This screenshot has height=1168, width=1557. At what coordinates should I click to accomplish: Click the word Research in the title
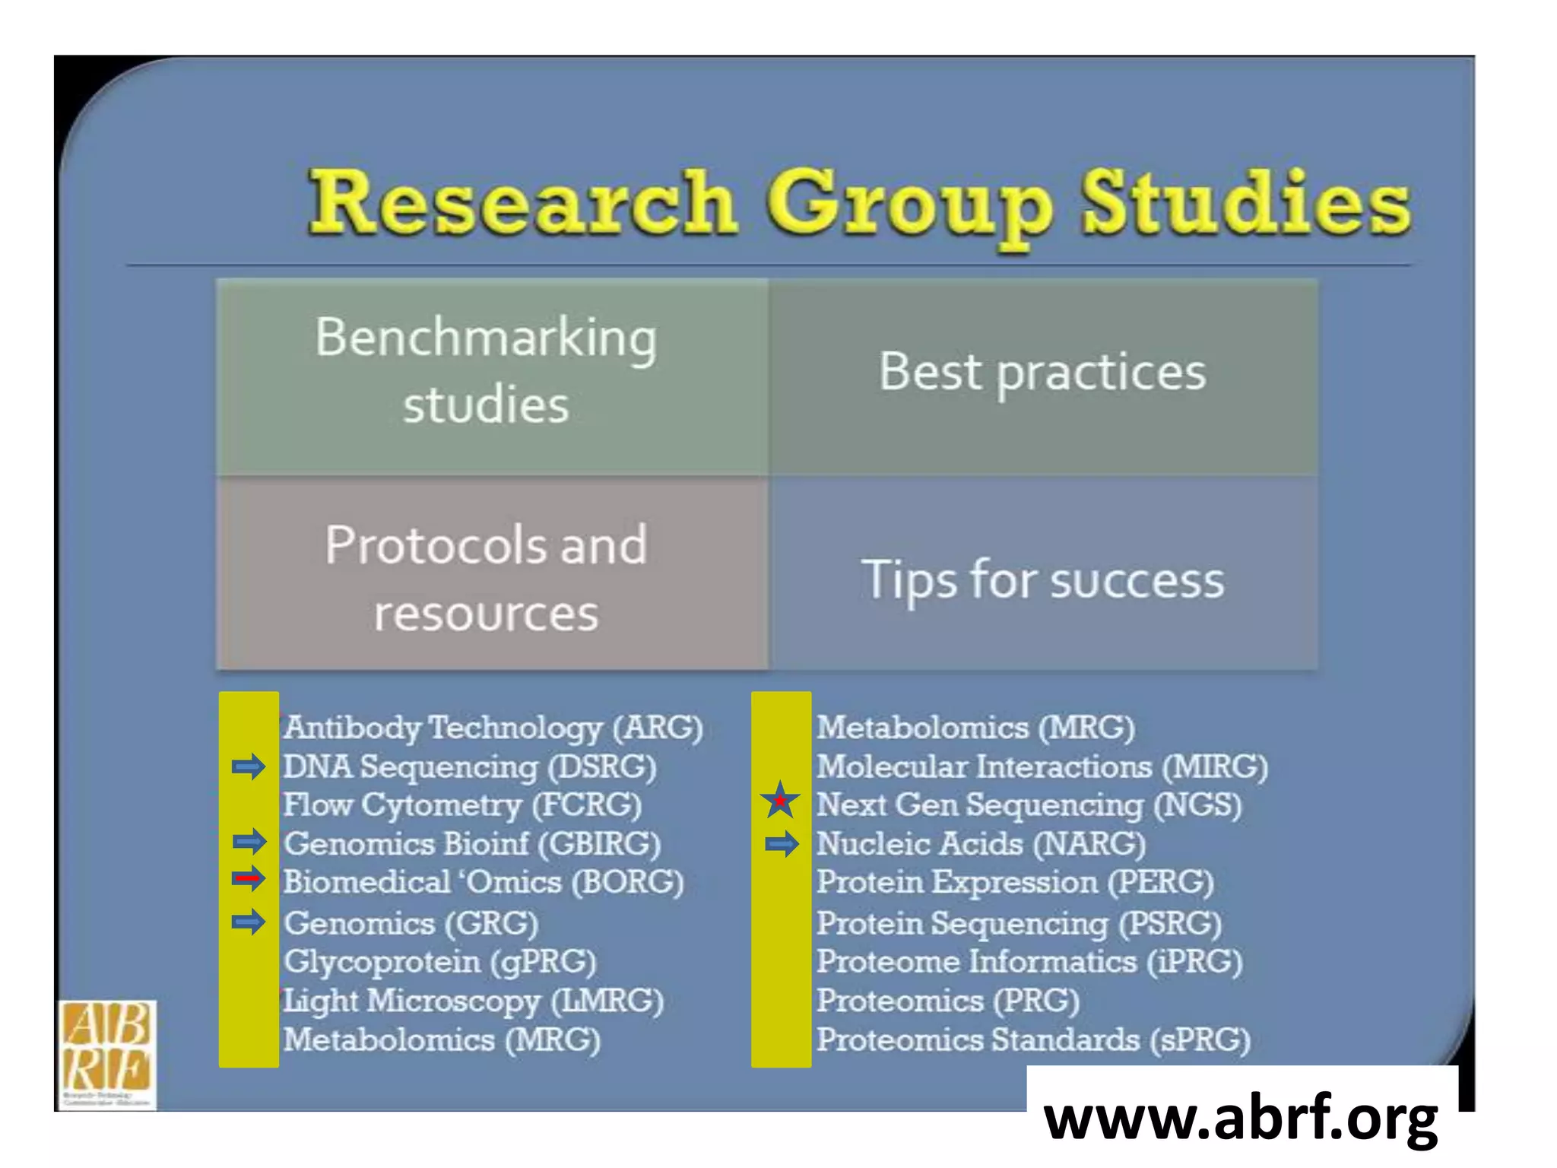click(523, 202)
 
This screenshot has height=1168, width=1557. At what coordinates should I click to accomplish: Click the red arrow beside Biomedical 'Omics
click(249, 879)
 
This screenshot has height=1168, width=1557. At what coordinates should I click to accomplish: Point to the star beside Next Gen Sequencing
click(780, 801)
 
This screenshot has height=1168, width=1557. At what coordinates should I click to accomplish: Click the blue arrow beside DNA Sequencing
click(249, 766)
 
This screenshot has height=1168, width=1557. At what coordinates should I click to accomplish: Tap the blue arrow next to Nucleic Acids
click(782, 844)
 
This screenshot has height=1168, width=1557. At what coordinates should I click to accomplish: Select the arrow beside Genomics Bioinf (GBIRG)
click(249, 841)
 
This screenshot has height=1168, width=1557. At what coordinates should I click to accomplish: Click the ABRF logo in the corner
click(107, 1052)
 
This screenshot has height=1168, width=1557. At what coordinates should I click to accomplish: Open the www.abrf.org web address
click(1241, 1118)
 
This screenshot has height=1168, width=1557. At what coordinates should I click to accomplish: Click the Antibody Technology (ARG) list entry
click(493, 728)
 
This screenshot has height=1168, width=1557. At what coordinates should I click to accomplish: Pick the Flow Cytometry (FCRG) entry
click(462, 805)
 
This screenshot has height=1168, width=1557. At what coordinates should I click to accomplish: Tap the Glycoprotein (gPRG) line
click(439, 962)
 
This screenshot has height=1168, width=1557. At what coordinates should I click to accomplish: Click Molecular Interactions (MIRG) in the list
click(1042, 766)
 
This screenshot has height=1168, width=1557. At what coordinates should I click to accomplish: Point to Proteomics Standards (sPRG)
click(1032, 1039)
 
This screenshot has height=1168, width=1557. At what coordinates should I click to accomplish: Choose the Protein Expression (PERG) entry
click(1014, 882)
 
